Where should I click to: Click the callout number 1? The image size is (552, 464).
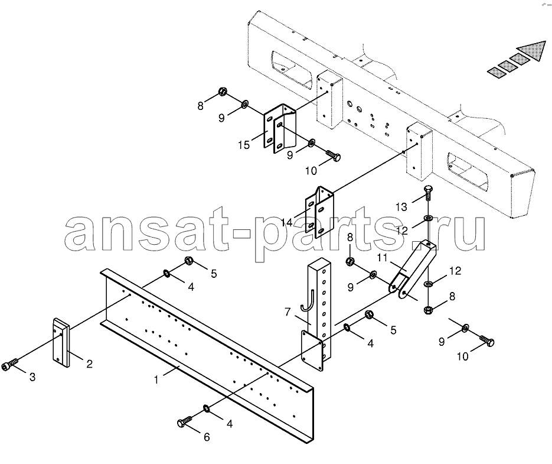pos(156,379)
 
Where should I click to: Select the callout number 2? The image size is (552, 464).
pos(89,364)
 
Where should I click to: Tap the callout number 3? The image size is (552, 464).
pos(32,377)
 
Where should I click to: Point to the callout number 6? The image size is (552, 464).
pos(207,437)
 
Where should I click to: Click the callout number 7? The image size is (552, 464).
pos(288,312)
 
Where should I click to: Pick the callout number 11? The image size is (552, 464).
pos(382,258)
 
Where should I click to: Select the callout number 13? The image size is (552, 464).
pos(401,207)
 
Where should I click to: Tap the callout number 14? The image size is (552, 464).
pos(286,222)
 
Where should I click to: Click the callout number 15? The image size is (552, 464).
pos(244,145)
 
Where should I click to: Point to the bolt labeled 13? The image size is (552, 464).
pos(428,192)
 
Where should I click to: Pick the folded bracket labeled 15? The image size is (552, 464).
pos(280,129)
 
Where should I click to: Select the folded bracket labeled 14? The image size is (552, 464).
pos(319,212)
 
